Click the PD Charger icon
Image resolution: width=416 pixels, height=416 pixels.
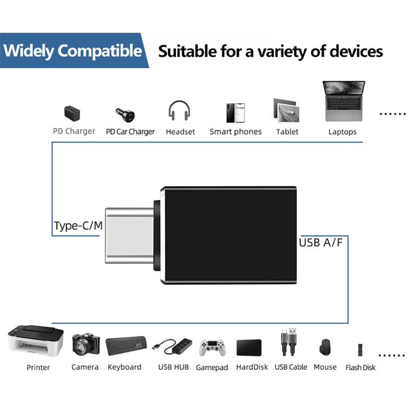[72, 113]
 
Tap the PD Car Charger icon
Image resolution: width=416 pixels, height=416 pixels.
[125, 115]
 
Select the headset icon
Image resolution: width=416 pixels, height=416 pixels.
[179, 110]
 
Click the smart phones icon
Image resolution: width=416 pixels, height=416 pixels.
[236, 113]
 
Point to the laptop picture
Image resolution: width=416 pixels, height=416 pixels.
[344, 101]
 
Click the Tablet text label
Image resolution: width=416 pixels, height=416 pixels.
[287, 132]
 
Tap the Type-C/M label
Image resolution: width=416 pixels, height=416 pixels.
[79, 226]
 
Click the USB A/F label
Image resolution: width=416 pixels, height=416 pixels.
[321, 242]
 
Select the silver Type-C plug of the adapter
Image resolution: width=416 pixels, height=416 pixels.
[129, 236]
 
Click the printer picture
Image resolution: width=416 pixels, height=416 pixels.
[36, 341]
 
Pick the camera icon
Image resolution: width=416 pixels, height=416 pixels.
[86, 344]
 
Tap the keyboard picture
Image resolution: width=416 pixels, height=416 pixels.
[126, 346]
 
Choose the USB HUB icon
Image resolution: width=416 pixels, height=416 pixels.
[172, 346]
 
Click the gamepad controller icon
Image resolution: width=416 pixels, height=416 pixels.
[213, 348]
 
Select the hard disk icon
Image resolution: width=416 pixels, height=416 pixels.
[249, 347]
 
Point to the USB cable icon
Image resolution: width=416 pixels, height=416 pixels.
[289, 342]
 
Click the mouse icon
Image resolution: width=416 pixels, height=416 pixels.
[325, 347]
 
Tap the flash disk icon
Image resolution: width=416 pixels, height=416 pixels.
[360, 350]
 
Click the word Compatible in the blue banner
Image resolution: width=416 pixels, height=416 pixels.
[100, 50]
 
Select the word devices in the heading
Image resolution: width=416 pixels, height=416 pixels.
[356, 51]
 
